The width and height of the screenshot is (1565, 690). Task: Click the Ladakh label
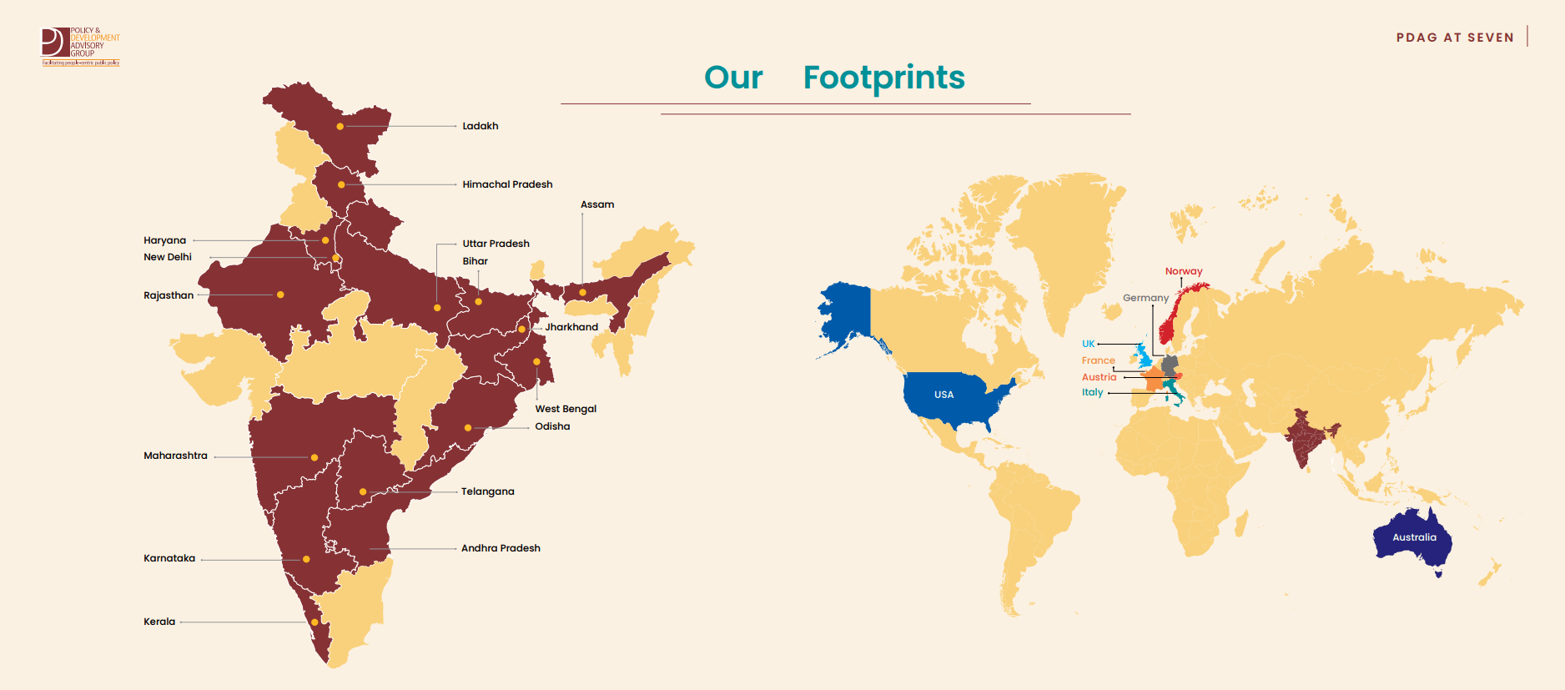tap(481, 126)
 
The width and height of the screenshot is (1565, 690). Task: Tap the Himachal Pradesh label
tap(507, 184)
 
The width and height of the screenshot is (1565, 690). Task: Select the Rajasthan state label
tap(169, 295)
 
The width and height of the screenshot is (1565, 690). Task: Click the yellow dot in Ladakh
tap(340, 127)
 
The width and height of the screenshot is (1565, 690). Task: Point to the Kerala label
tap(159, 622)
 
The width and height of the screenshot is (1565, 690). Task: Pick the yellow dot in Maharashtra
tap(315, 457)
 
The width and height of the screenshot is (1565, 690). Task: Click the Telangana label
tap(487, 491)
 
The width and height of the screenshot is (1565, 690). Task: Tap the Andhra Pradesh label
tap(501, 548)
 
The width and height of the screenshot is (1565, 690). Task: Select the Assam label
tap(597, 204)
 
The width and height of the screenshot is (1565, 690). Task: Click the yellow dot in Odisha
tap(468, 428)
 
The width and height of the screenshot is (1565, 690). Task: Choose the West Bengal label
tap(566, 409)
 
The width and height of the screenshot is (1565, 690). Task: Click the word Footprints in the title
tap(883, 78)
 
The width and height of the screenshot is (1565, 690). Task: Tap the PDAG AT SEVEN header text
tap(1455, 38)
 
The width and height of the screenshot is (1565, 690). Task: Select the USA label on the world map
tap(944, 395)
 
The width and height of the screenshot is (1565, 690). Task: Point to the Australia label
tap(1414, 537)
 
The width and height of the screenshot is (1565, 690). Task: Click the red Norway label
tap(1184, 271)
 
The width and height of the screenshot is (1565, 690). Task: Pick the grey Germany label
tap(1145, 298)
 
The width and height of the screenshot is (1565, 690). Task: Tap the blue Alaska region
tap(847, 313)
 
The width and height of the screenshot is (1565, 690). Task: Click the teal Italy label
tap(1093, 392)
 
